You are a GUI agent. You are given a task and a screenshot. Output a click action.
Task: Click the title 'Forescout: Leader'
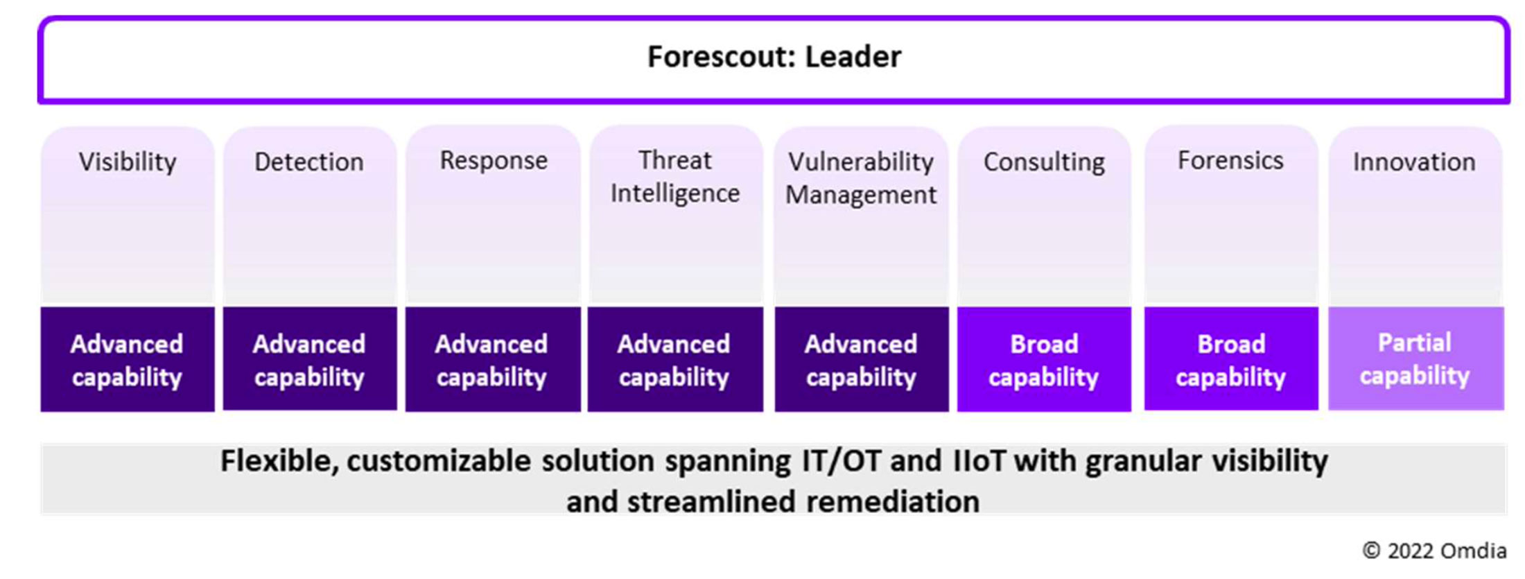click(x=774, y=57)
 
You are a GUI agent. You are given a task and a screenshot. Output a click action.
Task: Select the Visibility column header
click(x=128, y=162)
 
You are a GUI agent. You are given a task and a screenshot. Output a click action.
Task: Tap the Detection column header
click(x=309, y=162)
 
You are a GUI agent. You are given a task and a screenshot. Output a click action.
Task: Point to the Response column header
click(x=494, y=161)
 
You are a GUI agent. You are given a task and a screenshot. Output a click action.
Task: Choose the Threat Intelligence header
click(x=675, y=177)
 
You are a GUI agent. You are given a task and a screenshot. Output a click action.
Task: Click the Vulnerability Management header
click(x=861, y=178)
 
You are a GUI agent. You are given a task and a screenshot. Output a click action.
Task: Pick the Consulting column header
click(x=1044, y=162)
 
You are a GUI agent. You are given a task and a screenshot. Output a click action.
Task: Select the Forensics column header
click(x=1230, y=161)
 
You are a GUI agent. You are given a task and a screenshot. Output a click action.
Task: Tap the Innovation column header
click(x=1414, y=162)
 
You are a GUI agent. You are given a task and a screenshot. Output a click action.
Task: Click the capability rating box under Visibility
click(x=128, y=359)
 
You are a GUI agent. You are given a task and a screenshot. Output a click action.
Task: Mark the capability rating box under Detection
click(x=310, y=358)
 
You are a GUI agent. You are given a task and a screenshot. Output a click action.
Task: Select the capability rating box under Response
click(x=493, y=359)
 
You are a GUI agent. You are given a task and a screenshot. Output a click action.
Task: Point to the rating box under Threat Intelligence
click(x=675, y=359)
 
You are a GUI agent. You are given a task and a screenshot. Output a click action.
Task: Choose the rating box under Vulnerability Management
click(x=862, y=359)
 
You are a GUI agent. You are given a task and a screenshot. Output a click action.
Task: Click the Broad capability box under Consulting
click(x=1044, y=359)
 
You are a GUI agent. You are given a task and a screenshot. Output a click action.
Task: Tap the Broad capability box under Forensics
click(x=1231, y=358)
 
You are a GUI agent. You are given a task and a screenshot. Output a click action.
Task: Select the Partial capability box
click(x=1415, y=358)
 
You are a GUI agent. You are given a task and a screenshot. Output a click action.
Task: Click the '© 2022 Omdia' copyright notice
click(x=1434, y=551)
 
